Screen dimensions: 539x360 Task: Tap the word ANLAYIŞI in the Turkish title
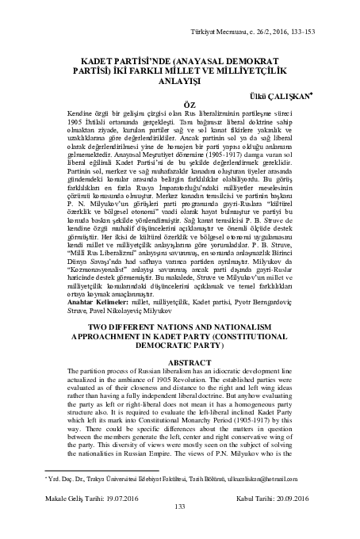point(179,79)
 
